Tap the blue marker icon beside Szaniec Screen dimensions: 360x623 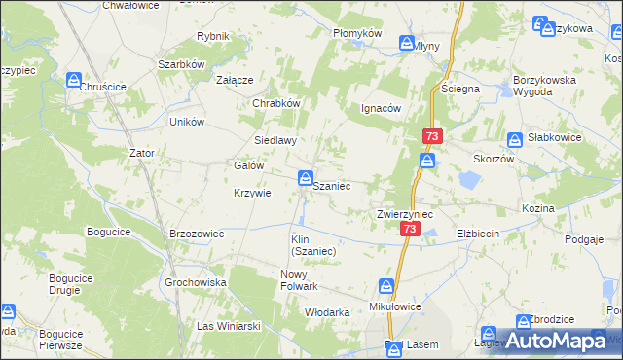click(x=305, y=178)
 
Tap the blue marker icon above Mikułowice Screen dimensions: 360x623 click(x=386, y=286)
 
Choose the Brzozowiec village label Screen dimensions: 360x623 click(x=198, y=234)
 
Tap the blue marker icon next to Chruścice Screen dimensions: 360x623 click(x=72, y=84)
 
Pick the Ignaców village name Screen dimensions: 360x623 click(x=381, y=108)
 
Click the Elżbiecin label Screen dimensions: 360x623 click(x=477, y=234)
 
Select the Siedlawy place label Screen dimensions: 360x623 click(x=275, y=140)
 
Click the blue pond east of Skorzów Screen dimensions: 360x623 click(x=467, y=180)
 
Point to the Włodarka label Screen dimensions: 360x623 click(x=327, y=312)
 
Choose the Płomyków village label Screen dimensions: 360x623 click(x=356, y=32)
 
